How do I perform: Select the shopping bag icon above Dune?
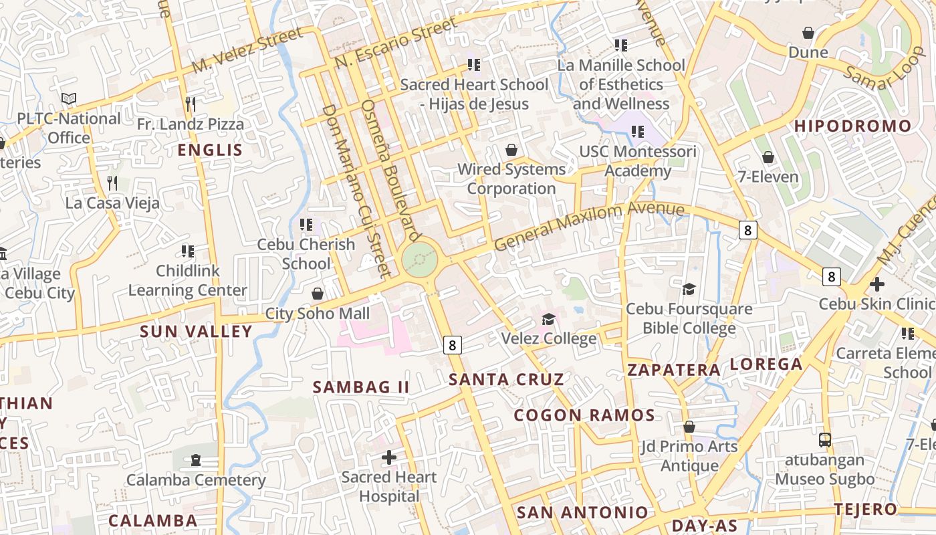(808, 33)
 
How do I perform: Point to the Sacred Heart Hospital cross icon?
(389, 457)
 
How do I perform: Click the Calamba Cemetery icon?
(195, 460)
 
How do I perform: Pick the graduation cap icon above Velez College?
(549, 319)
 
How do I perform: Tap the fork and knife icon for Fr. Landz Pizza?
(191, 104)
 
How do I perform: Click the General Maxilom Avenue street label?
(589, 227)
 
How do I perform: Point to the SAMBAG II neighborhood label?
(361, 387)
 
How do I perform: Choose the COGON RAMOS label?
(584, 415)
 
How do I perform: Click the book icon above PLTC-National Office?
(69, 99)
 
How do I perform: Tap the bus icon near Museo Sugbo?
(825, 440)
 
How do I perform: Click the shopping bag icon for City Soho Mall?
(318, 294)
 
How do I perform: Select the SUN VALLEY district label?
(196, 331)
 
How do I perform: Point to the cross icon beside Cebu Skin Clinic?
(877, 284)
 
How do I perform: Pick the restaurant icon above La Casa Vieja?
(112, 183)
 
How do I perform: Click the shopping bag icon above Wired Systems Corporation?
(511, 150)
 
